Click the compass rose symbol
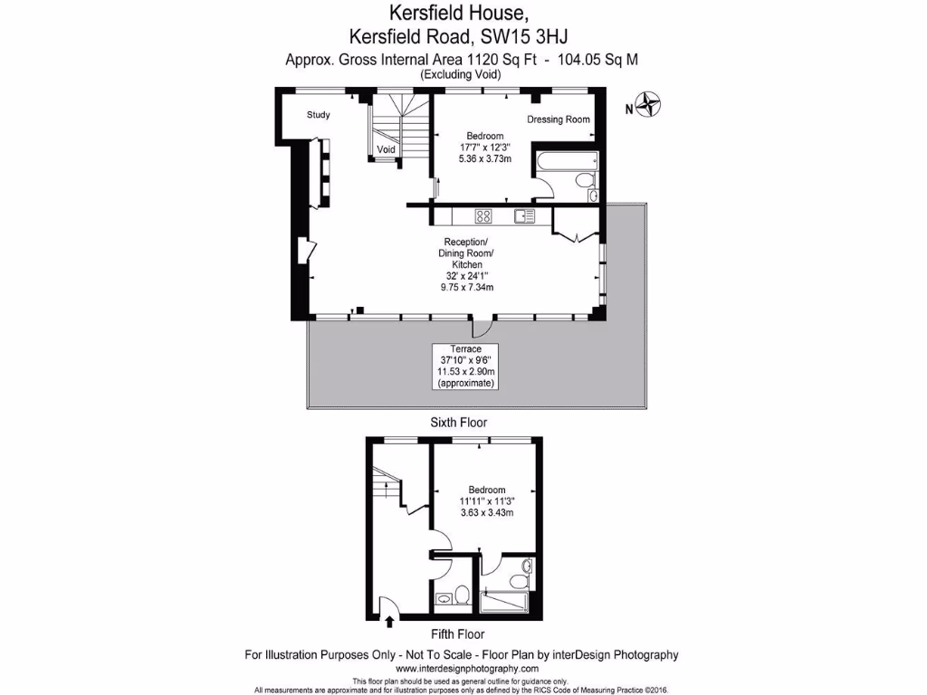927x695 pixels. pos(648,106)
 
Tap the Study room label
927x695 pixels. pos(318,115)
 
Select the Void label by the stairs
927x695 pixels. pos(387,149)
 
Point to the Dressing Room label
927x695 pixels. pos(559,119)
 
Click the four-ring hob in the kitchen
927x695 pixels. pos(483,215)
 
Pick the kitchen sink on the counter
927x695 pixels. pos(524,215)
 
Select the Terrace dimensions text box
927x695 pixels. pos(465,367)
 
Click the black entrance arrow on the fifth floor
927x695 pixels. pos(390,622)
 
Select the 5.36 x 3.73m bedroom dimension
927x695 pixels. pos(485,158)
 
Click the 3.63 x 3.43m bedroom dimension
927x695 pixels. pos(487,512)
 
